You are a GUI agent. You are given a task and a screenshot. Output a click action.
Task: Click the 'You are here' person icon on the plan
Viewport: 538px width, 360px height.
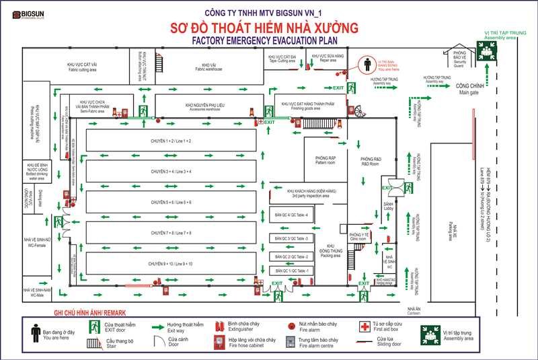click(x=367, y=65)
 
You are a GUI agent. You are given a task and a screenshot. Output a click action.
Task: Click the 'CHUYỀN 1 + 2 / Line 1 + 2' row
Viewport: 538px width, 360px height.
click(x=171, y=141)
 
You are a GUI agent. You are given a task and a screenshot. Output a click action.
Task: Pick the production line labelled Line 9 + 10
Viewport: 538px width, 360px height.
click(x=171, y=264)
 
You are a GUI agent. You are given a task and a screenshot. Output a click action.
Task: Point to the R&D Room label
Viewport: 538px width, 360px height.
click(x=371, y=161)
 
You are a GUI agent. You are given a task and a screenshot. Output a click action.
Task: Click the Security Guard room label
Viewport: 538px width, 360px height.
click(x=460, y=59)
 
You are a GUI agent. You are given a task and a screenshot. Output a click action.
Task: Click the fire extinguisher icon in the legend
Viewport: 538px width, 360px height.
click(x=219, y=326)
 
